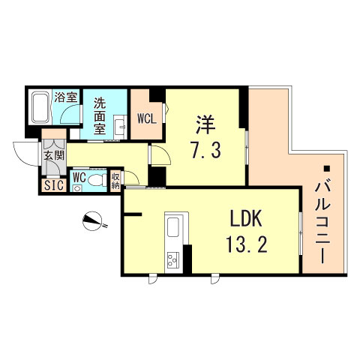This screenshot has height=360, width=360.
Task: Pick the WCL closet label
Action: [x=146, y=118]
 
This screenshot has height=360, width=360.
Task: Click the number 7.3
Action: [x=208, y=150]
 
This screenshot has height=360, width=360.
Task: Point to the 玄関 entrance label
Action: [x=53, y=155]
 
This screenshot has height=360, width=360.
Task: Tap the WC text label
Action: [x=80, y=178]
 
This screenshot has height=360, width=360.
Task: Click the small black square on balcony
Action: [x=326, y=166]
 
